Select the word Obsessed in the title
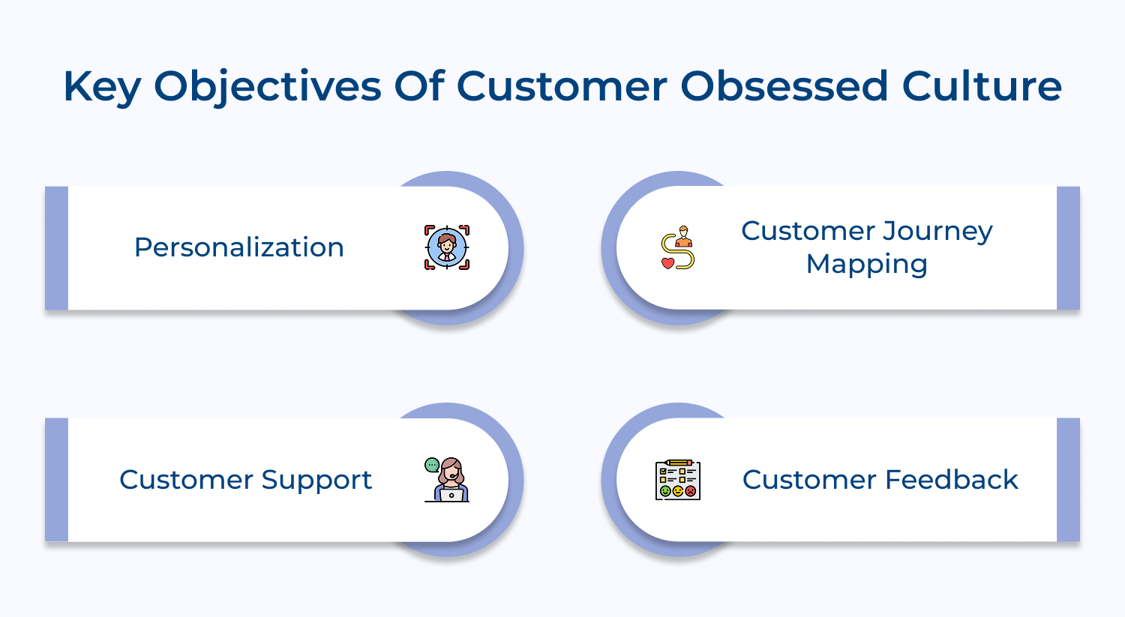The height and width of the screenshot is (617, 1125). [x=784, y=86]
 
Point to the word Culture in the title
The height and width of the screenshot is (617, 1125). [x=982, y=86]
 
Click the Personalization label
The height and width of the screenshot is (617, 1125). [x=239, y=248]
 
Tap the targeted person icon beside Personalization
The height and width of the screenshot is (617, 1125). [x=446, y=247]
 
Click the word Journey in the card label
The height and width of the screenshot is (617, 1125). [x=937, y=232]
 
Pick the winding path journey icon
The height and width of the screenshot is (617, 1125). [x=678, y=247]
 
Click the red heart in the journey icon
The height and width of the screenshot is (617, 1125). [x=667, y=263]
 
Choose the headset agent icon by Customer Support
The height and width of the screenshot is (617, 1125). [x=446, y=480]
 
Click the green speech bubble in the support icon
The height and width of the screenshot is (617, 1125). [x=432, y=465]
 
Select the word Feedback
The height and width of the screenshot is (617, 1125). [x=952, y=480]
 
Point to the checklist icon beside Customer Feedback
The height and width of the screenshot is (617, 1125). [x=678, y=480]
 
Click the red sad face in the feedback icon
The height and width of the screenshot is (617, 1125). [x=691, y=491]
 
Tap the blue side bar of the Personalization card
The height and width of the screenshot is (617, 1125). [x=57, y=248]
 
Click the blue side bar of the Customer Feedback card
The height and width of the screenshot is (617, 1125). [x=1068, y=480]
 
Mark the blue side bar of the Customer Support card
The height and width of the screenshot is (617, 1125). [x=57, y=480]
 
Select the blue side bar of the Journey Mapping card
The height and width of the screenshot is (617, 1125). [x=1068, y=248]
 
